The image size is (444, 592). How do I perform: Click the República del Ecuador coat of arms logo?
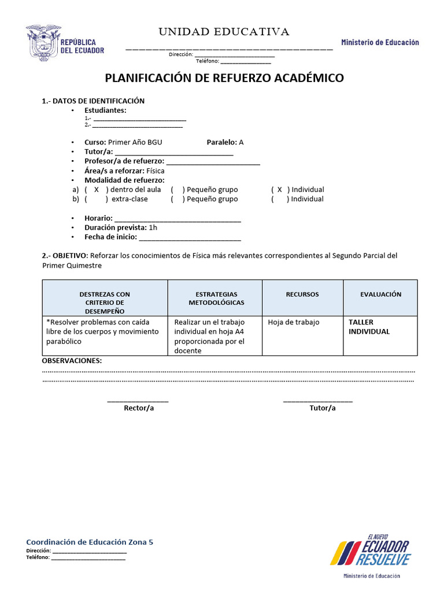pos(42,43)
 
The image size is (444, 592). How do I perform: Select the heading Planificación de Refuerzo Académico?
pos(224,78)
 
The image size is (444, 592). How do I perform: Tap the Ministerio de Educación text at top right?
pos(380,42)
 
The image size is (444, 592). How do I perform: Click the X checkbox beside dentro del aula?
pos(97,190)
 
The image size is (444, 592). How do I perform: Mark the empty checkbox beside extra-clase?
pos(97,199)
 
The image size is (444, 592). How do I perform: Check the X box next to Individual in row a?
pos(280,190)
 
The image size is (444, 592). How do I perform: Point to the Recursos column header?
pos(302,294)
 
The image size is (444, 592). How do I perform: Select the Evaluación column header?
pos(380,294)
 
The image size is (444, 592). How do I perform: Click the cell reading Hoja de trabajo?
pos(294,322)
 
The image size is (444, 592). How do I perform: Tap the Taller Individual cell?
pos(369,327)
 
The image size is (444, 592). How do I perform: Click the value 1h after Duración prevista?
pos(153,227)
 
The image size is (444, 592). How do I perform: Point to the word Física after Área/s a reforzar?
pos(156,171)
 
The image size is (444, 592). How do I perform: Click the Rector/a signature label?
pos(139,408)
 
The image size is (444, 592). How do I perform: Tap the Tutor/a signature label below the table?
pos(322,408)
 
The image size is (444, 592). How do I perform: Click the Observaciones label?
pos(72,361)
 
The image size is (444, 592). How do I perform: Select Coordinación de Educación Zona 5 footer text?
pos(90,542)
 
